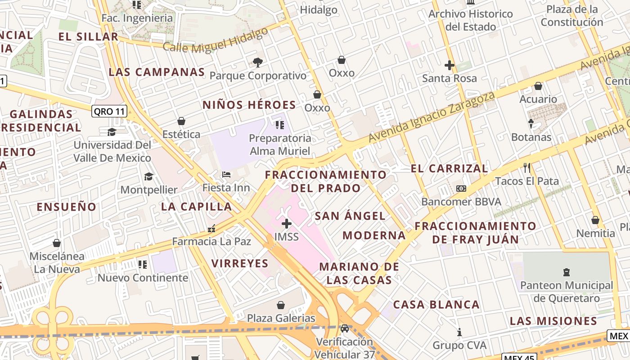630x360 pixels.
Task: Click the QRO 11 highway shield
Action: pyautogui.click(x=109, y=111)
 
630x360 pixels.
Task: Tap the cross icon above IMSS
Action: pyautogui.click(x=287, y=223)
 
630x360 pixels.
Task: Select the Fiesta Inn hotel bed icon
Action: pyautogui.click(x=226, y=174)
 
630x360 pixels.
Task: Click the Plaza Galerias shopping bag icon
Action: pyautogui.click(x=281, y=305)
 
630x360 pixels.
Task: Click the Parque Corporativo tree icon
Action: pyautogui.click(x=257, y=62)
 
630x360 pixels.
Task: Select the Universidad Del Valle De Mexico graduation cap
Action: pyautogui.click(x=112, y=132)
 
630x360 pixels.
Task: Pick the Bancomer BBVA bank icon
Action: pyautogui.click(x=461, y=188)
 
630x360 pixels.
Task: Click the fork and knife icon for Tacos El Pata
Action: pyautogui.click(x=527, y=168)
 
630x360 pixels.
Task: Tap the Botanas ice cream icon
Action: pyautogui.click(x=531, y=123)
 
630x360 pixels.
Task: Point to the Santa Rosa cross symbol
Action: pyautogui.click(x=449, y=65)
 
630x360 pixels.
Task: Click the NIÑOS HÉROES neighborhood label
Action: pyautogui.click(x=249, y=105)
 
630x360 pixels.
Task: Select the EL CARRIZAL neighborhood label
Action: pyautogui.click(x=449, y=168)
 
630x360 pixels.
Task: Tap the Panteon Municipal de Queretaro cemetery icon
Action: pyautogui.click(x=566, y=272)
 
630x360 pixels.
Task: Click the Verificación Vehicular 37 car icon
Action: pyautogui.click(x=345, y=328)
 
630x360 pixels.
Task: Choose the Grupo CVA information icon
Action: pyautogui.click(x=459, y=332)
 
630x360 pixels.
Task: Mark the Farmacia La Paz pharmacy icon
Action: pyautogui.click(x=211, y=229)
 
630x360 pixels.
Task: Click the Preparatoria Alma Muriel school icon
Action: pyautogui.click(x=279, y=125)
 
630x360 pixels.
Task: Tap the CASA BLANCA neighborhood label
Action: pyautogui.click(x=436, y=305)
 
